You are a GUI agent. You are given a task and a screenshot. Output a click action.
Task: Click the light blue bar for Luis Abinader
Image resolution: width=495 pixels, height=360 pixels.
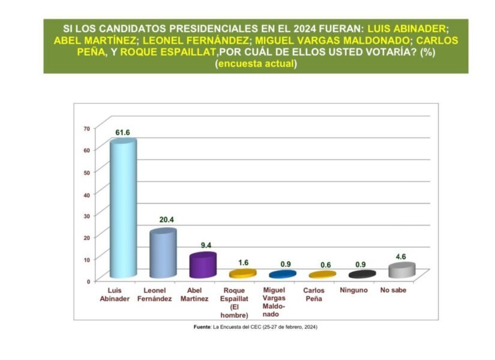pos(124,210)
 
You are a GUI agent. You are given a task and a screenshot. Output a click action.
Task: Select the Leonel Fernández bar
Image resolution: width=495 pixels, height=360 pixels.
pos(163,255)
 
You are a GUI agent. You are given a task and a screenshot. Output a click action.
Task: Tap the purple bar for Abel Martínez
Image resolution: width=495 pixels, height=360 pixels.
pos(202,266)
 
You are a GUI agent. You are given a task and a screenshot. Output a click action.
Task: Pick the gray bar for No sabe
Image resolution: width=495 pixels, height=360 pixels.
pos(401,271)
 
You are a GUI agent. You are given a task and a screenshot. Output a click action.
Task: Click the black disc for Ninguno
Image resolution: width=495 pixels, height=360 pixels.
pos(362,274)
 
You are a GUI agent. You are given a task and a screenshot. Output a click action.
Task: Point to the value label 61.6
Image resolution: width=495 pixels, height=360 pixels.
pos(123,132)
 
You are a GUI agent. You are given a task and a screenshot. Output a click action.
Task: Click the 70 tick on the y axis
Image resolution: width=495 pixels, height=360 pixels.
pos(86,128)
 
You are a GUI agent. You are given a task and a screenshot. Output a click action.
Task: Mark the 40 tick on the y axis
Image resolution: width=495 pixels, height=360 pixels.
pos(86,194)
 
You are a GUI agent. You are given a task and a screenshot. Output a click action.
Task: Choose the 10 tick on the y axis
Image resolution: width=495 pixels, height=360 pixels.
pos(86,259)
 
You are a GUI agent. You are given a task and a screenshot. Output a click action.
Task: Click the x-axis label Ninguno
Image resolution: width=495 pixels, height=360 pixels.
pos(361,290)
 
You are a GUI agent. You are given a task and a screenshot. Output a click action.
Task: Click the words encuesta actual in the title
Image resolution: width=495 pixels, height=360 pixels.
pos(256,64)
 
